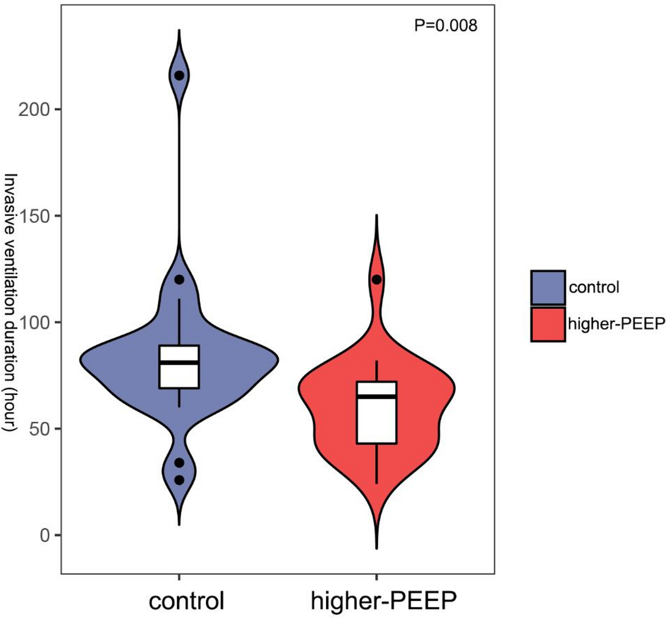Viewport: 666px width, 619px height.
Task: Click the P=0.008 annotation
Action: tap(446, 25)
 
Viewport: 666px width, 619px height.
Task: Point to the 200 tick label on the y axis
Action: tap(33, 109)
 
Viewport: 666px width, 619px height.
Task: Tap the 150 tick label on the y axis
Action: tap(33, 216)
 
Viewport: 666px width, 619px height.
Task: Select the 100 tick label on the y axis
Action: tap(33, 322)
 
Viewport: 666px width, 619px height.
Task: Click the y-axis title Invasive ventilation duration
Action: tap(11, 303)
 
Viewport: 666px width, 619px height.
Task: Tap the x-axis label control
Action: tap(187, 601)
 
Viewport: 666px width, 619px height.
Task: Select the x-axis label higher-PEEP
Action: tap(383, 601)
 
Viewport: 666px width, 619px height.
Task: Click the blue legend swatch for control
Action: tap(548, 287)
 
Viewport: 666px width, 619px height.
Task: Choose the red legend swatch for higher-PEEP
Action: tap(548, 324)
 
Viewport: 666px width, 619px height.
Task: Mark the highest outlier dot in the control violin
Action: tap(179, 75)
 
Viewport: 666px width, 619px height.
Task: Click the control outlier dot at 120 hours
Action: tap(179, 279)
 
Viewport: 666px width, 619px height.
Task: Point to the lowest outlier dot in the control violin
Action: tap(179, 480)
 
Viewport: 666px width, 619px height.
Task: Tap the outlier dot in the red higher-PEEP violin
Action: tap(376, 279)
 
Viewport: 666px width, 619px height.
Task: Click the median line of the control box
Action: tap(179, 362)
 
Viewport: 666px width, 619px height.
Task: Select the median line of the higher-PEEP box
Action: tap(376, 396)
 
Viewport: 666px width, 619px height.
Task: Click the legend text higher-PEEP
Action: tap(616, 324)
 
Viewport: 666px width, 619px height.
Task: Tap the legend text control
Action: tap(594, 287)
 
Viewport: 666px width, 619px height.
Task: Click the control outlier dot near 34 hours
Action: tap(179, 463)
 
